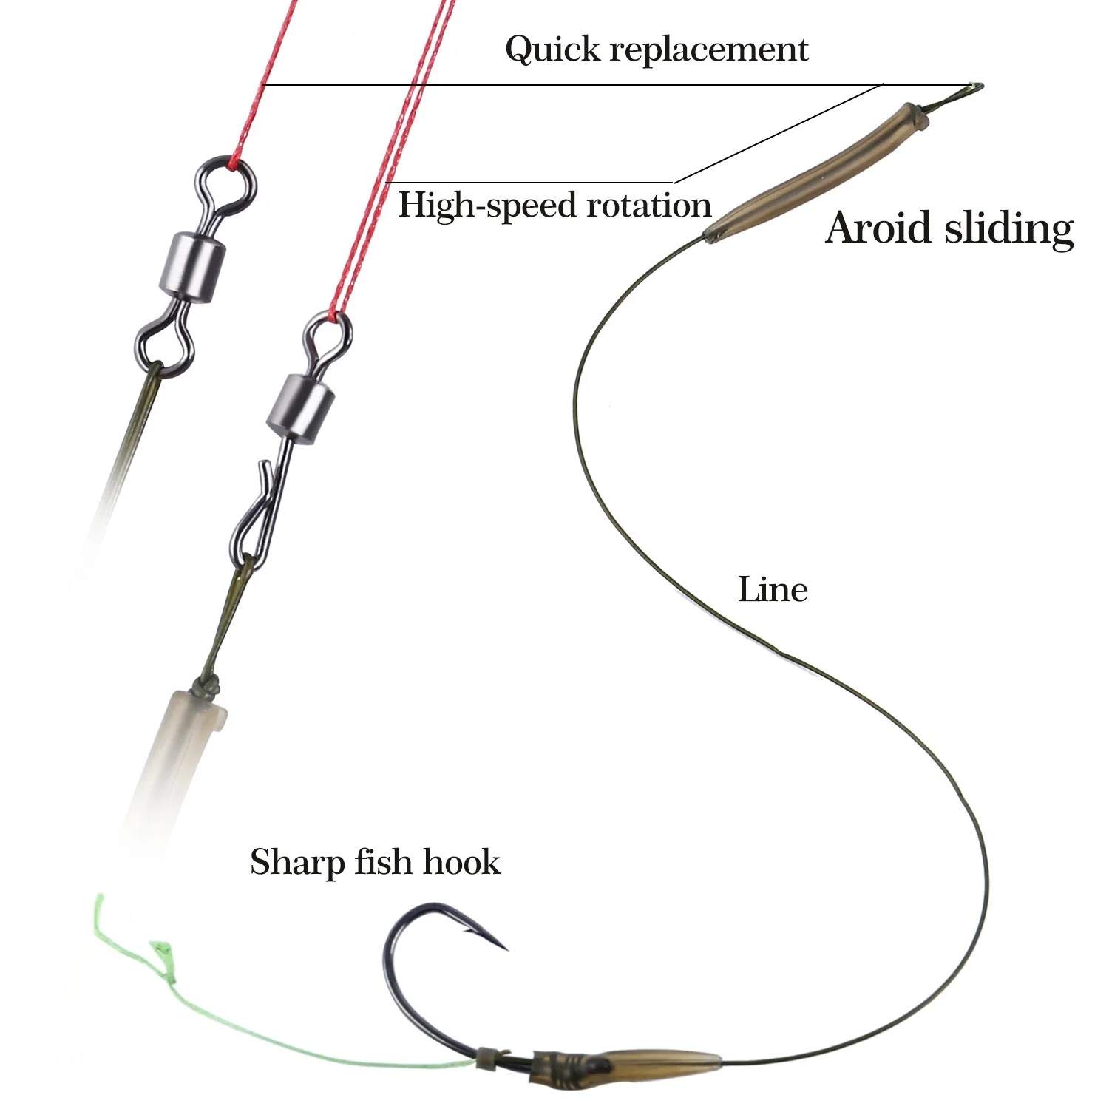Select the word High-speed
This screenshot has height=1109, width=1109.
click(487, 206)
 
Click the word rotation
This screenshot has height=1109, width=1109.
click(648, 206)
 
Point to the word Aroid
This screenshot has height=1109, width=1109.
click(879, 228)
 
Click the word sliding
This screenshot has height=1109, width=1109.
click(1009, 229)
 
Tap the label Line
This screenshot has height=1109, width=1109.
click(773, 590)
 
